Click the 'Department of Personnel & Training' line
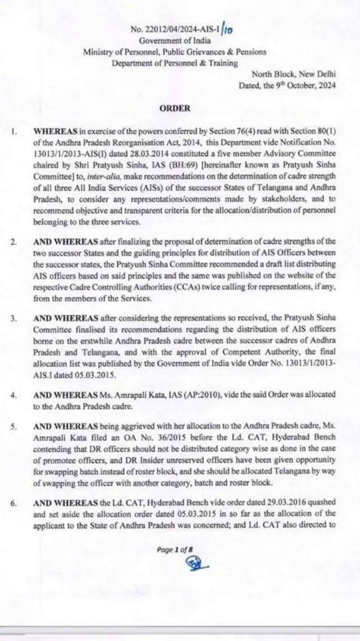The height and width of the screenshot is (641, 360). [x=174, y=63]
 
